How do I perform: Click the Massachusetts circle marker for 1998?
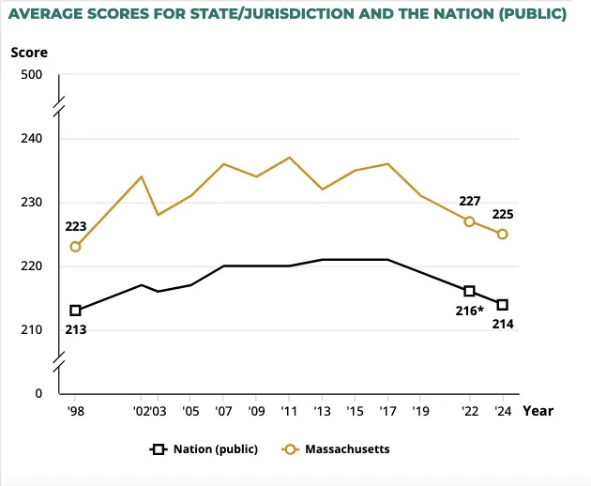[x=75, y=247]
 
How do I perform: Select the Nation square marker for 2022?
[x=469, y=291]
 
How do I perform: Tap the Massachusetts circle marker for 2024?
[x=502, y=234]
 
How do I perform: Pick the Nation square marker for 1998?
[x=75, y=311]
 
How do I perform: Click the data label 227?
[x=469, y=202]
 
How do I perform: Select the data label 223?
[x=75, y=227]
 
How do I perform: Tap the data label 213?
[x=75, y=328]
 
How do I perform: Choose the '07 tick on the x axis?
[x=224, y=411]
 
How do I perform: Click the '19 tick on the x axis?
[x=420, y=411]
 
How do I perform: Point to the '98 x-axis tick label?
[x=75, y=411]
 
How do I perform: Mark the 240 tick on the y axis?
[x=43, y=139]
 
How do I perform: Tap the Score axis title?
[x=28, y=52]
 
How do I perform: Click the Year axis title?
[x=538, y=411]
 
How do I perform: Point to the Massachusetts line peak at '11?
[x=289, y=157]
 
